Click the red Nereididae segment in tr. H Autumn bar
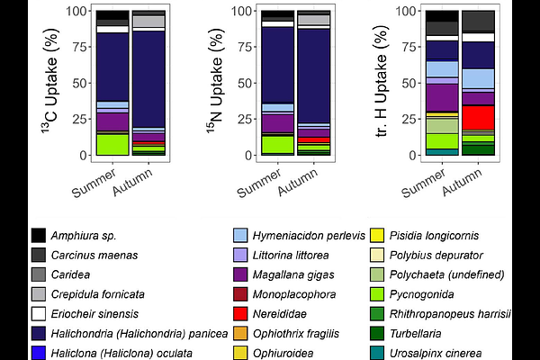coord(478,117)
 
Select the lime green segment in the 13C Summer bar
coord(112,144)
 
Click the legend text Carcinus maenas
coord(94,255)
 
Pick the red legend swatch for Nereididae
coord(242,313)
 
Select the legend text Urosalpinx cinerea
coord(459,353)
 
